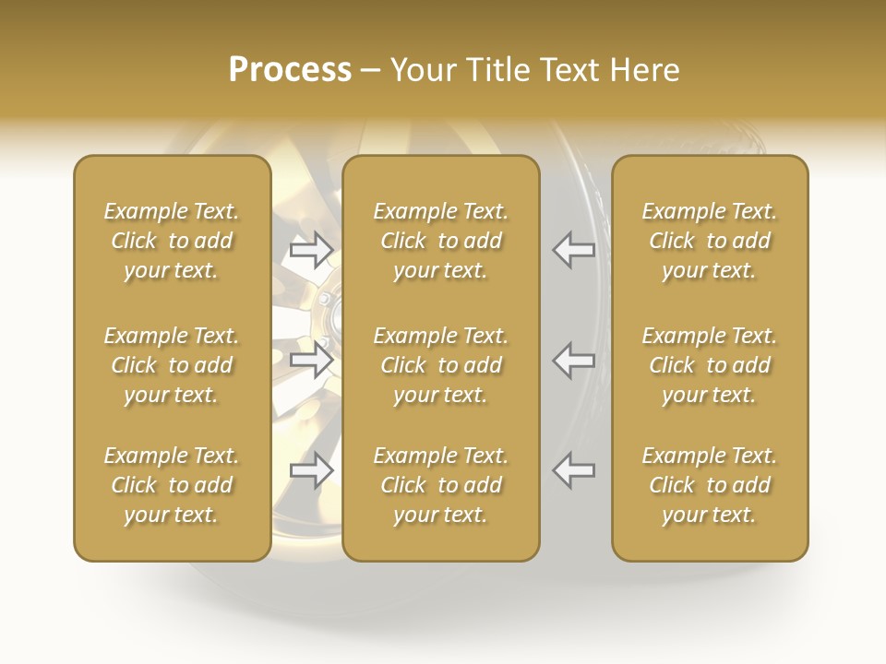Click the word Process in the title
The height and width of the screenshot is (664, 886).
[x=290, y=70]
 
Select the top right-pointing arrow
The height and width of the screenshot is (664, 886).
[x=312, y=249]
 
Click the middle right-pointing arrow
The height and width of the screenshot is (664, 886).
[x=312, y=360]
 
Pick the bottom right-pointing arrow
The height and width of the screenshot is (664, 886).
[x=312, y=470]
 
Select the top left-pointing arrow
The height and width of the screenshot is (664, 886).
[x=574, y=249]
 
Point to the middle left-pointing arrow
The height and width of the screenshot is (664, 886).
[x=574, y=360]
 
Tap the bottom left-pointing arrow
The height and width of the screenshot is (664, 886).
[x=574, y=470]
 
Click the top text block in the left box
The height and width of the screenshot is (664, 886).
[x=172, y=241]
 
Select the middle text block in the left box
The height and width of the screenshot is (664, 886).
[x=172, y=365]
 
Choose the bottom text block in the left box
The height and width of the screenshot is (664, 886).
[x=172, y=485]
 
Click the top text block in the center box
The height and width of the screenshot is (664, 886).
[x=441, y=241]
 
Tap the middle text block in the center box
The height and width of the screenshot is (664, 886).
[x=441, y=365]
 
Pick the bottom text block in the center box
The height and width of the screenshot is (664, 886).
[x=441, y=485]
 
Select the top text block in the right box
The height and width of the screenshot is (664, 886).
[x=710, y=241]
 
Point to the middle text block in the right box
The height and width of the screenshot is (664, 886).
[x=710, y=365]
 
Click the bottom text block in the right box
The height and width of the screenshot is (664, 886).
[x=710, y=485]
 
